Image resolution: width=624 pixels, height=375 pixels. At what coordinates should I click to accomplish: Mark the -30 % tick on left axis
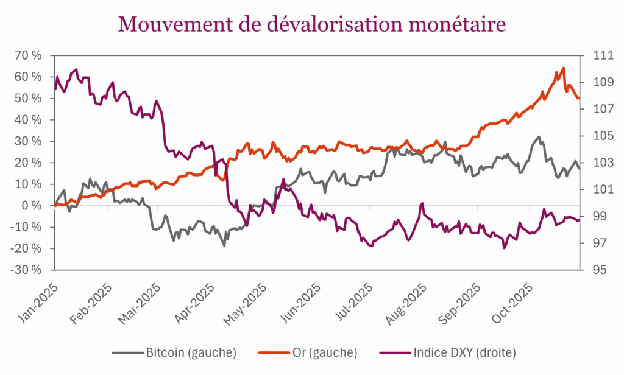pyautogui.click(x=27, y=270)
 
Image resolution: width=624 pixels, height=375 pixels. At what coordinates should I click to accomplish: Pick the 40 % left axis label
pyautogui.click(x=29, y=120)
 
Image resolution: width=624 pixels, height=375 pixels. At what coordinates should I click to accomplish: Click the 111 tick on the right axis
pyautogui.click(x=595, y=55)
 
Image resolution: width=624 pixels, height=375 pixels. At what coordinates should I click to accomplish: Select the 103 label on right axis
pyautogui.click(x=595, y=163)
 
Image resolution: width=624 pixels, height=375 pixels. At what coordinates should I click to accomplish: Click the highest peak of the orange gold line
pyautogui.click(x=563, y=68)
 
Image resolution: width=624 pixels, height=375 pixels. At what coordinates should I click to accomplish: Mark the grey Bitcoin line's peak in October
pyautogui.click(x=539, y=137)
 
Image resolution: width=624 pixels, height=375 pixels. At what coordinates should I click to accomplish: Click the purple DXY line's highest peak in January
pyautogui.click(x=76, y=69)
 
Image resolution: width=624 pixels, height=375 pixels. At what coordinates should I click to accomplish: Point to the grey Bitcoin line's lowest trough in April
pyautogui.click(x=224, y=245)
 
